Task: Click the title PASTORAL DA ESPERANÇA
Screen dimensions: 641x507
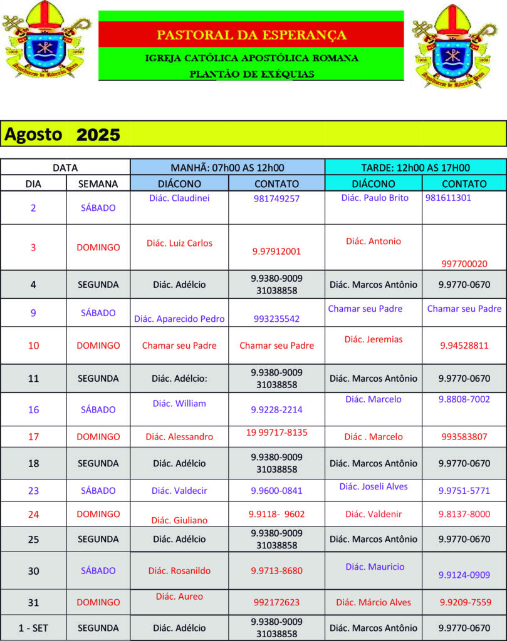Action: click(x=251, y=35)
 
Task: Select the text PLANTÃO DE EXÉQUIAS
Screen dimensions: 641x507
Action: click(x=251, y=74)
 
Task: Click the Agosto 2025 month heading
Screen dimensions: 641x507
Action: click(x=62, y=135)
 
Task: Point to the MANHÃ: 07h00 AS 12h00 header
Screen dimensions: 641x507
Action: click(x=227, y=168)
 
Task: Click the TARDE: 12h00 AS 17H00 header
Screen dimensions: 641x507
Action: click(x=416, y=168)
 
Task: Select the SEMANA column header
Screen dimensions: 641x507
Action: click(x=98, y=184)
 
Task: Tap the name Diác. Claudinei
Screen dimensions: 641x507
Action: click(x=179, y=198)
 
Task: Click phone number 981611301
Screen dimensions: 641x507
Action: click(x=448, y=198)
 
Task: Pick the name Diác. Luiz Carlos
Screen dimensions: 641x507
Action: click(x=179, y=244)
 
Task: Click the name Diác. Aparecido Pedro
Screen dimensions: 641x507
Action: click(x=179, y=319)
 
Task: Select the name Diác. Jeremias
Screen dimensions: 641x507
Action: click(x=374, y=339)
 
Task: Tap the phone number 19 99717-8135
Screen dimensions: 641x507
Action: click(x=276, y=433)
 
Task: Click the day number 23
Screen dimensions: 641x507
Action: click(x=33, y=491)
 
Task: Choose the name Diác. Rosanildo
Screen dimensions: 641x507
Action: click(x=179, y=571)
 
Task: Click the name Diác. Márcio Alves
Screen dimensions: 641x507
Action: click(x=374, y=602)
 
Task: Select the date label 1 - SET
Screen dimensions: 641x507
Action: click(x=33, y=628)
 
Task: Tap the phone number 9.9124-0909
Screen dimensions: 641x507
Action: click(x=464, y=575)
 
